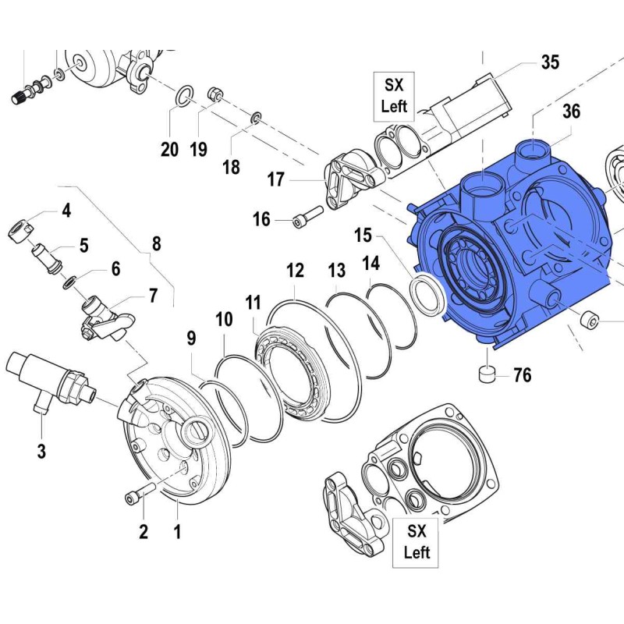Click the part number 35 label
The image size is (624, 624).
click(x=551, y=63)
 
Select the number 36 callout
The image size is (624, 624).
click(x=572, y=112)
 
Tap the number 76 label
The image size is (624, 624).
click(x=522, y=376)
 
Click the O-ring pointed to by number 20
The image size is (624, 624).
click(x=183, y=95)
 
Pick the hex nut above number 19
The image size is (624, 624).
click(x=216, y=95)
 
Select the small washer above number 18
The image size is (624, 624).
click(x=255, y=119)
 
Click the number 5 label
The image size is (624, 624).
click(x=83, y=245)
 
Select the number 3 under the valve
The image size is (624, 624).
click(x=42, y=450)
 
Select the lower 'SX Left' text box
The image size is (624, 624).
click(x=417, y=542)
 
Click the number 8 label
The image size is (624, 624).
click(x=156, y=243)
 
